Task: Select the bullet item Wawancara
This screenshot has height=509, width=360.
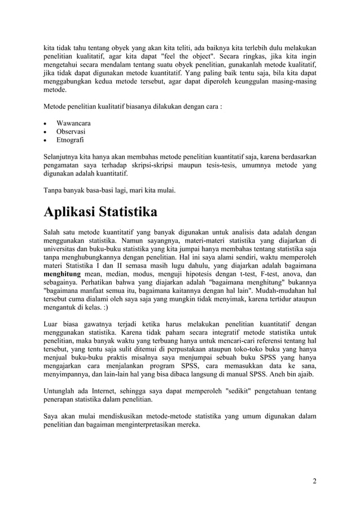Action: coord(74,123)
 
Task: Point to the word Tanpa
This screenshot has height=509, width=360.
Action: coord(54,190)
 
